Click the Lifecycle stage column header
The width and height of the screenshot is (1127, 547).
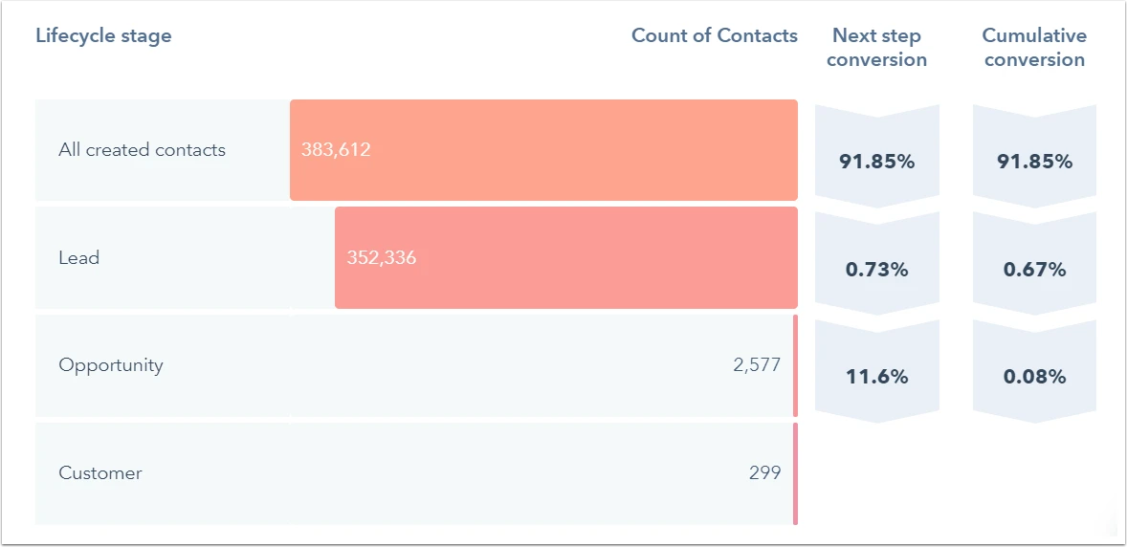point(103,36)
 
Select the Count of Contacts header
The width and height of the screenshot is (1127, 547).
point(714,36)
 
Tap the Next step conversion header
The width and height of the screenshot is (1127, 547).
point(876,48)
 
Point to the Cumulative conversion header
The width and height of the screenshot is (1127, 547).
point(1034,48)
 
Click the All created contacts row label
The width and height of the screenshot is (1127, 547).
point(142,150)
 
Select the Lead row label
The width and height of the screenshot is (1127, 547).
point(78,258)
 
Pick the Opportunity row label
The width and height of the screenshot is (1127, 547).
point(111,365)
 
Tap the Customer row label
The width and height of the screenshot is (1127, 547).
point(100,473)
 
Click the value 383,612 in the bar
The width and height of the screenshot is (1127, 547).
point(336,150)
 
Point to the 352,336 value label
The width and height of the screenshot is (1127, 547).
point(382,258)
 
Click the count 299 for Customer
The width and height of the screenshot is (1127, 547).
point(764,473)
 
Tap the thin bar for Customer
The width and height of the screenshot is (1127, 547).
point(795,473)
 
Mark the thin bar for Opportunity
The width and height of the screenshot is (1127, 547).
point(795,365)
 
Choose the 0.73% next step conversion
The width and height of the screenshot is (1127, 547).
point(876,270)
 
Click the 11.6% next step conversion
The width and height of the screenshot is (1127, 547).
point(876,377)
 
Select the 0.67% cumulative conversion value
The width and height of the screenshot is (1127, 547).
point(1034,270)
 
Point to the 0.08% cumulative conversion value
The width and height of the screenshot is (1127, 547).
point(1034,377)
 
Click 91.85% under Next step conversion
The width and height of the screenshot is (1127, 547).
point(876,162)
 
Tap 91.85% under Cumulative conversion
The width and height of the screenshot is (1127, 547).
point(1034,162)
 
